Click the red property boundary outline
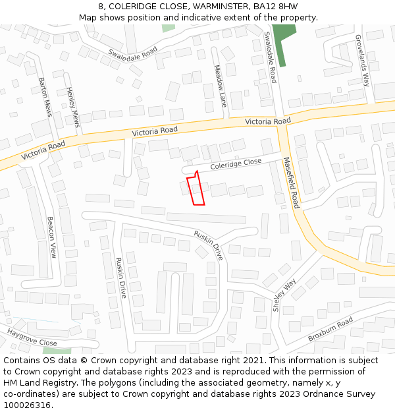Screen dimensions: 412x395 196,189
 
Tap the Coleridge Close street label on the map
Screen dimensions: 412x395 236,164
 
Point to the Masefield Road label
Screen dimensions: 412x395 291,183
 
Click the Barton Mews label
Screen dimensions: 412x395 45,97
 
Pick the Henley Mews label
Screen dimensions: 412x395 72,108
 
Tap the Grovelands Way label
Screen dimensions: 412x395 363,61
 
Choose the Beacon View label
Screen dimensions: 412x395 51,237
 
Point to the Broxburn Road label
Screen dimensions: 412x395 330,329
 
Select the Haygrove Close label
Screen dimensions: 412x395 32,338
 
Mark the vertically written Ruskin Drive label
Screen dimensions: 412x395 120,278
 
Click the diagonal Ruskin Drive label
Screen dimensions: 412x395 209,245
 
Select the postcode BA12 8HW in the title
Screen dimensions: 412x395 271,6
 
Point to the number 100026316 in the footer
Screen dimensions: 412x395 26,405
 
